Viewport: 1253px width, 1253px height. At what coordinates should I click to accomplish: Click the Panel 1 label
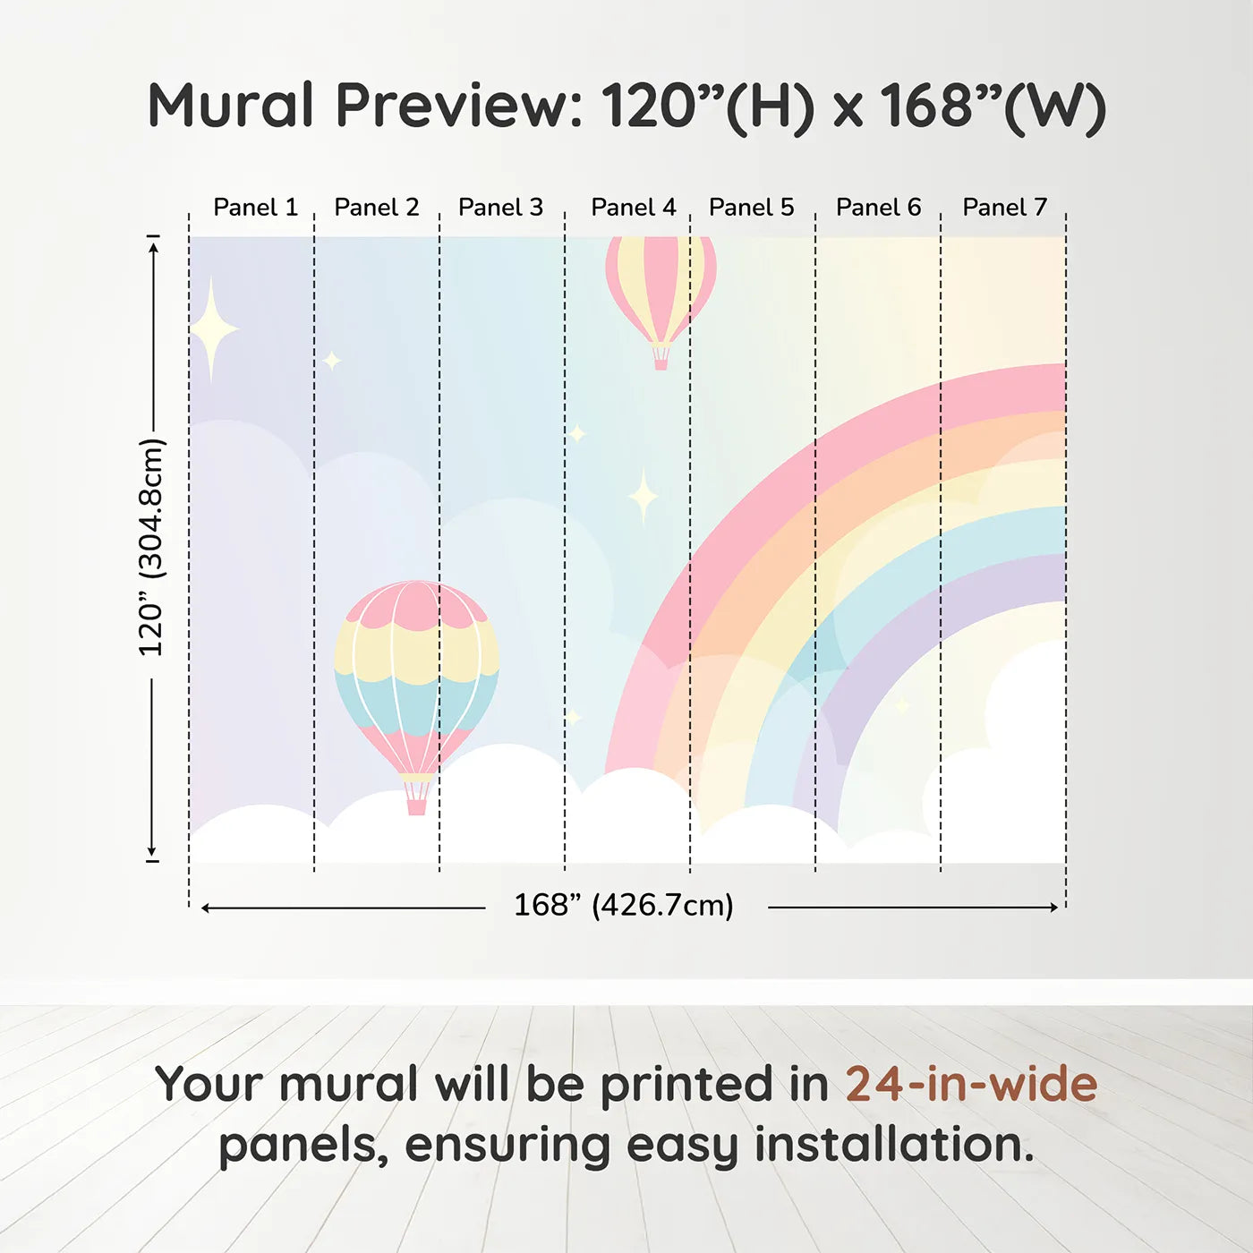[x=256, y=208]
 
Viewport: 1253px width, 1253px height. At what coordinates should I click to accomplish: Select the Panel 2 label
[x=377, y=208]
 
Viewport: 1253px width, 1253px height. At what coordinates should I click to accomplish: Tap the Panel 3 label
[x=500, y=208]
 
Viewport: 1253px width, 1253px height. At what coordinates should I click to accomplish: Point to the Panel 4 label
[x=634, y=208]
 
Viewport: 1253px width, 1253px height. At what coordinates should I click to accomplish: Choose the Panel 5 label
[x=752, y=208]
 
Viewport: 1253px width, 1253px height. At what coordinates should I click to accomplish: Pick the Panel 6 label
[x=879, y=208]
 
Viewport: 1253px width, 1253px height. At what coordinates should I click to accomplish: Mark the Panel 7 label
[x=1004, y=208]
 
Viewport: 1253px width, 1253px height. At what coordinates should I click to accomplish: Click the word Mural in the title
[x=232, y=105]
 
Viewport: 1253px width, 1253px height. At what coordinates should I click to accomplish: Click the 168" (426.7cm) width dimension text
[x=624, y=905]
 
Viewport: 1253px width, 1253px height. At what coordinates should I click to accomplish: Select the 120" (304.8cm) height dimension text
[x=152, y=547]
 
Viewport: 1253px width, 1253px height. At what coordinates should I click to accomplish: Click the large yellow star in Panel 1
[x=213, y=329]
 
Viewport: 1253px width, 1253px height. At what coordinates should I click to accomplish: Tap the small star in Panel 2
[x=332, y=360]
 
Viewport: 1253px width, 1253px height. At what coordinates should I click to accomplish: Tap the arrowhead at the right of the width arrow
[x=1054, y=907]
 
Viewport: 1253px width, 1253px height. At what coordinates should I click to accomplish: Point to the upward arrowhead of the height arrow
[x=153, y=247]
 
